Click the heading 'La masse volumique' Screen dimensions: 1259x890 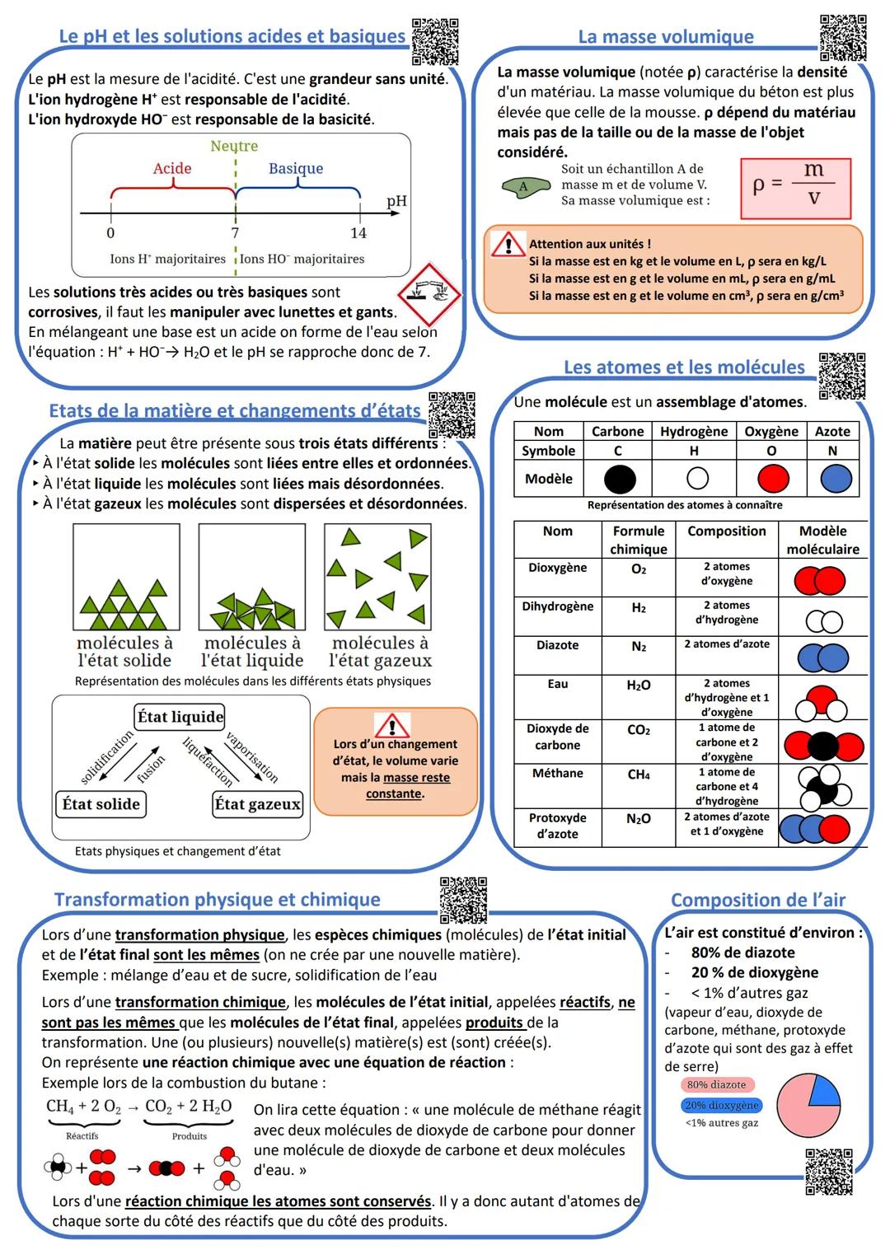click(666, 36)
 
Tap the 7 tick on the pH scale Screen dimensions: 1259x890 click(235, 232)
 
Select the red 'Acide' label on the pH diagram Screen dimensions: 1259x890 click(172, 168)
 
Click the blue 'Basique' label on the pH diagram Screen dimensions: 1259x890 click(296, 168)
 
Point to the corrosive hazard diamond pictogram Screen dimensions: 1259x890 click(429, 294)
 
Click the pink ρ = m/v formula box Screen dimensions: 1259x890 click(795, 189)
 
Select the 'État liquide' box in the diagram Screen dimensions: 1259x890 click(180, 717)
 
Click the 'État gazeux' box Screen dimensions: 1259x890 click(257, 804)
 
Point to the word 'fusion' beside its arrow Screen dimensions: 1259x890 click(151, 769)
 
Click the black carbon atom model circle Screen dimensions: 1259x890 click(620, 479)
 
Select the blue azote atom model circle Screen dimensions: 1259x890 click(836, 479)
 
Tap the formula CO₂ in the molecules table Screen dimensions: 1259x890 click(639, 730)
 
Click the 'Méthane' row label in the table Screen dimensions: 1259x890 click(558, 773)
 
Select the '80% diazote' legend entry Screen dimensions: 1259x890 click(716, 1085)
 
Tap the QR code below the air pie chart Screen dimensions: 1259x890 click(828, 1171)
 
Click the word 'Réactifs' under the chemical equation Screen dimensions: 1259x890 click(82, 1136)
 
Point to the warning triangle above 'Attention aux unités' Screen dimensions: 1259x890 click(508, 245)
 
